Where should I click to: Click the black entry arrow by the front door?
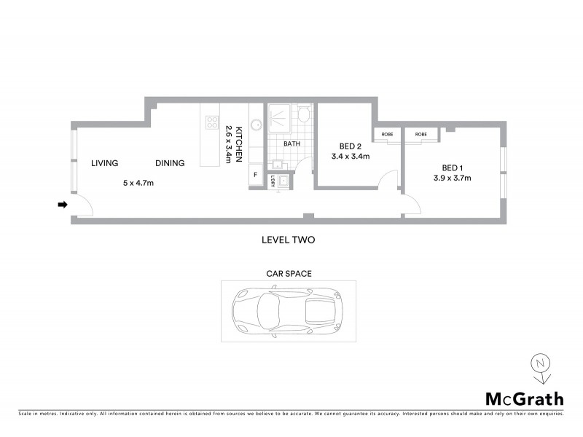point(63,205)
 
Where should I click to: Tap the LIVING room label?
point(105,163)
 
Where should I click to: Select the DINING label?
point(169,163)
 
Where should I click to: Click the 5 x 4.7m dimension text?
point(138,183)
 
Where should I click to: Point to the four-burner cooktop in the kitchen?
point(212,122)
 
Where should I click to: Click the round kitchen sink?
point(256,123)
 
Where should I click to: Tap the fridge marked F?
point(255,175)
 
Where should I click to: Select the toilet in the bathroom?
point(305,115)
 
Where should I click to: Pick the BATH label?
point(291,143)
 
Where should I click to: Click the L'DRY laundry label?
point(273,181)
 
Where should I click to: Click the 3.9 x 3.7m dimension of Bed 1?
point(452,178)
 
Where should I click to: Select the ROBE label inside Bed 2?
point(387,135)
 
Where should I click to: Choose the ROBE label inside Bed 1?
point(421,135)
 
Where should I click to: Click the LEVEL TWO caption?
point(288,239)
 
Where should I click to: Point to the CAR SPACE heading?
point(288,274)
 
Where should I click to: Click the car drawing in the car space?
point(287,310)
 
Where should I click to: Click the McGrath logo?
point(524,398)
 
